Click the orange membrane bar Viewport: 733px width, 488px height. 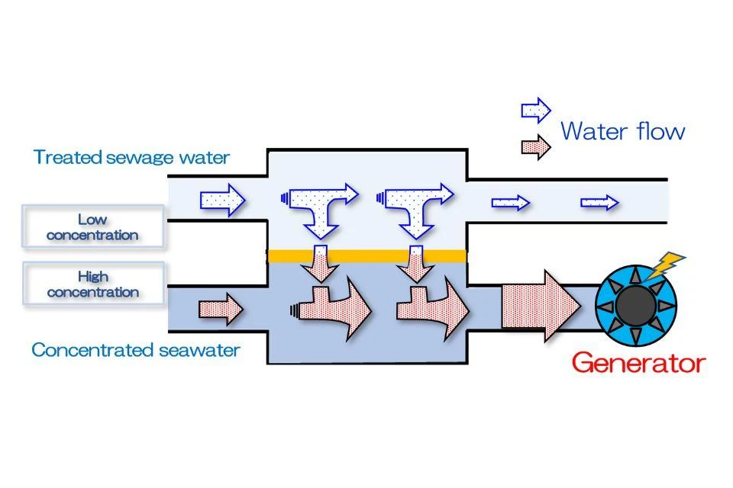coord(366,255)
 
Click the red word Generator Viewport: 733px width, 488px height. coord(638,364)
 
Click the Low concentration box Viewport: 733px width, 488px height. coord(92,227)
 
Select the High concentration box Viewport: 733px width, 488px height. coord(92,284)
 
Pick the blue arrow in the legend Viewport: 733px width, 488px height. coord(535,110)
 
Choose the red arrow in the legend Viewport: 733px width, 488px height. coord(535,146)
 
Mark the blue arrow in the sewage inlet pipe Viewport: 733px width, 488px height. coord(223,201)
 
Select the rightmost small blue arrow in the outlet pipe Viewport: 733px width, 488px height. coord(599,203)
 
